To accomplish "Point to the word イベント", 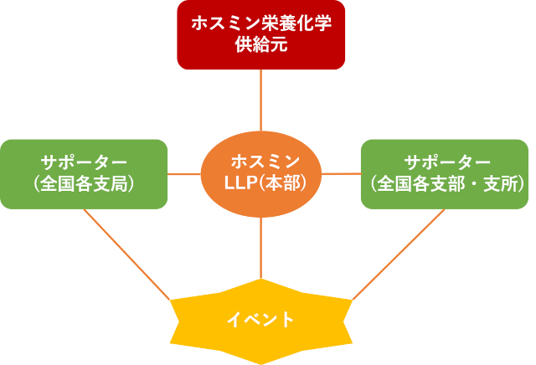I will [x=261, y=320].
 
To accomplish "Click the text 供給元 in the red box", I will [x=261, y=45].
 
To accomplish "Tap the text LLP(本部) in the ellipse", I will [x=261, y=182].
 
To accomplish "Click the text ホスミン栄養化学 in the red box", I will [x=261, y=24].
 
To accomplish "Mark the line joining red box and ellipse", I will [x=261, y=98].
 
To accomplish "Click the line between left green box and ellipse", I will [x=184, y=174].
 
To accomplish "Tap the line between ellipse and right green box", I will [x=341, y=174].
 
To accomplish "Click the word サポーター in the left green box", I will [x=84, y=162].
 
